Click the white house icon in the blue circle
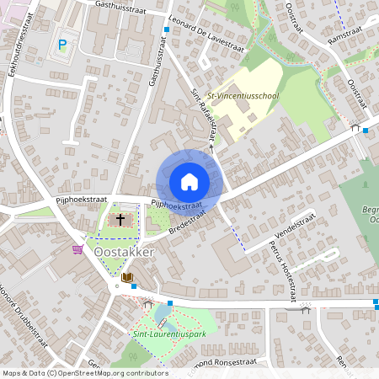click(x=189, y=182)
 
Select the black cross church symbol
click(x=120, y=219)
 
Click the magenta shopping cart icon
click(x=78, y=249)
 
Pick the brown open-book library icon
click(x=127, y=276)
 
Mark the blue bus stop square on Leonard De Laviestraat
click(x=167, y=29)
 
